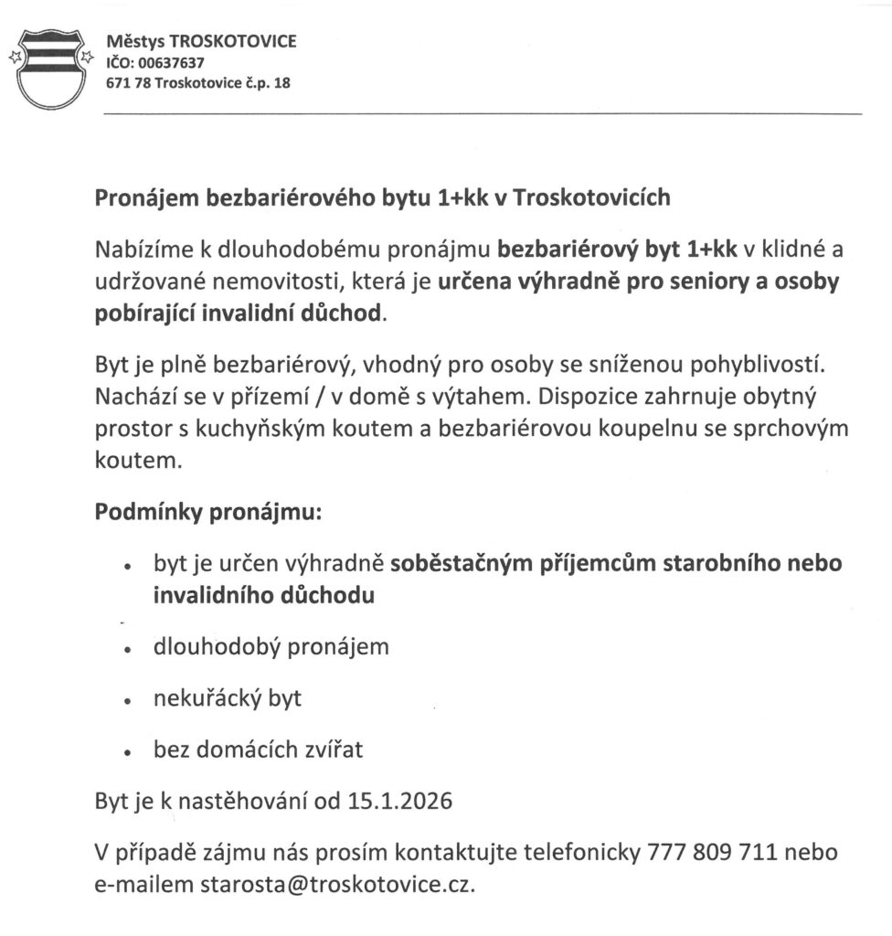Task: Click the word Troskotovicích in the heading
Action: pyautogui.click(x=593, y=197)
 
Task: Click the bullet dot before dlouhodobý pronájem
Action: pyautogui.click(x=129, y=650)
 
